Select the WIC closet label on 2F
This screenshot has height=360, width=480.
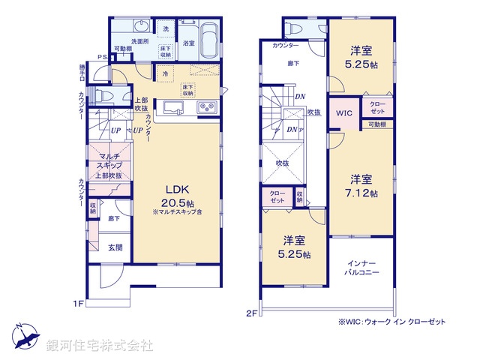344,113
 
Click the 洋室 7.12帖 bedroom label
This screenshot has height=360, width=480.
361,185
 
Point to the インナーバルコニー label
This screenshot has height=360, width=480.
361,268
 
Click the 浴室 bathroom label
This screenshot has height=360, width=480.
189,44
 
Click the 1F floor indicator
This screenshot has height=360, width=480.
77,303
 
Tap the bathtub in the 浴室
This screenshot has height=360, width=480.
209,39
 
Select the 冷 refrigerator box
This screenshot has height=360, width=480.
165,73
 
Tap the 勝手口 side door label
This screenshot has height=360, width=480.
82,73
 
